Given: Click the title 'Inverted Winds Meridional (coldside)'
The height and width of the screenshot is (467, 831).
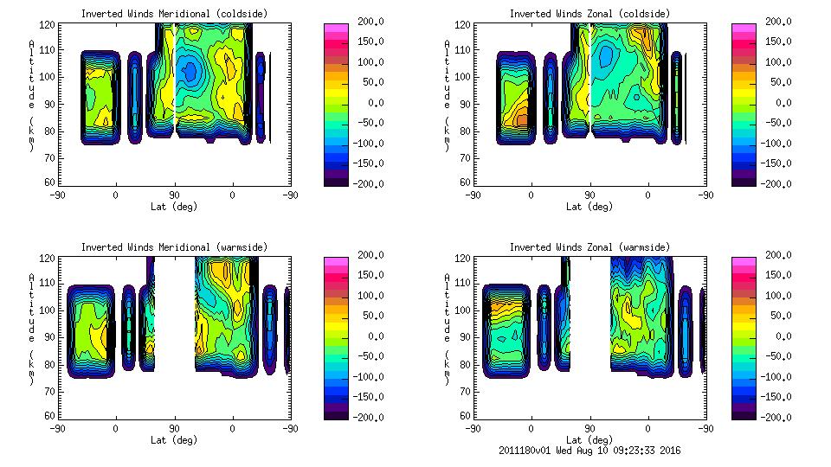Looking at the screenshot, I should (x=174, y=14).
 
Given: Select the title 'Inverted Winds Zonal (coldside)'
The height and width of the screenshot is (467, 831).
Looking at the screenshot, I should (x=589, y=14).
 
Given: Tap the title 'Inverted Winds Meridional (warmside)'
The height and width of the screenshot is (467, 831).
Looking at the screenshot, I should (x=174, y=247).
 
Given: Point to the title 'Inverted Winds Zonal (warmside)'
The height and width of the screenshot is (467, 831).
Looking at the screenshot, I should (x=589, y=247).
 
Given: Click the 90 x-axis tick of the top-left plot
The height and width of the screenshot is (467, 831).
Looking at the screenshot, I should (x=174, y=196).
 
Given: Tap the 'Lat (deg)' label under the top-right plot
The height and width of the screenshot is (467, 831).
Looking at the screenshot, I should (x=589, y=207).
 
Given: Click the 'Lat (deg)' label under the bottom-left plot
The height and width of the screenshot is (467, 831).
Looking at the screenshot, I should (x=174, y=440).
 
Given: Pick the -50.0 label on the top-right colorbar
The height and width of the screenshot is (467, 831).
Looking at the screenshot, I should (x=776, y=124).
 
